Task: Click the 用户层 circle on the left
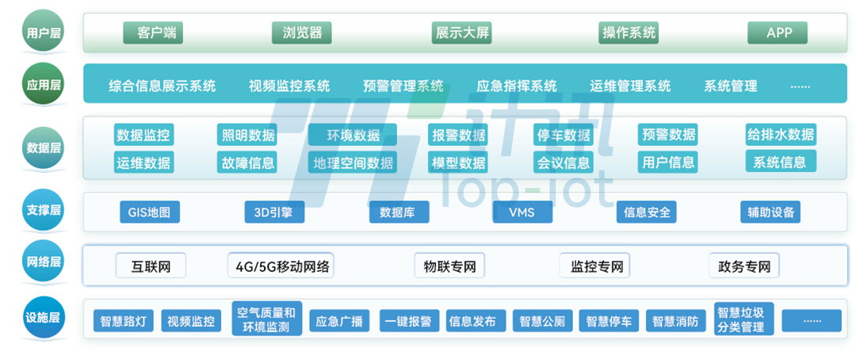click(44, 33)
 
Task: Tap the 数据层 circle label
click(44, 147)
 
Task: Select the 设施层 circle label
click(44, 319)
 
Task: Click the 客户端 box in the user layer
click(153, 33)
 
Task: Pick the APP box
click(778, 33)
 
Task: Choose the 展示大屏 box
click(462, 33)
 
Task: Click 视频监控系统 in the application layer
click(289, 86)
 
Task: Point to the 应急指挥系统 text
click(517, 86)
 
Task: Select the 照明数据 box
click(248, 135)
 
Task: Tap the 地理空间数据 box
click(352, 163)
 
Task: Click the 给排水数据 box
click(780, 134)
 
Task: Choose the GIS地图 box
click(149, 212)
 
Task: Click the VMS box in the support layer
click(522, 212)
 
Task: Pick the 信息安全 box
click(647, 212)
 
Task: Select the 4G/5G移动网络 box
click(281, 266)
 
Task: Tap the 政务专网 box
click(743, 266)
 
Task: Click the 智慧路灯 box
click(124, 321)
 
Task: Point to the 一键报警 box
click(408, 321)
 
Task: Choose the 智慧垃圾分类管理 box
click(741, 319)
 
